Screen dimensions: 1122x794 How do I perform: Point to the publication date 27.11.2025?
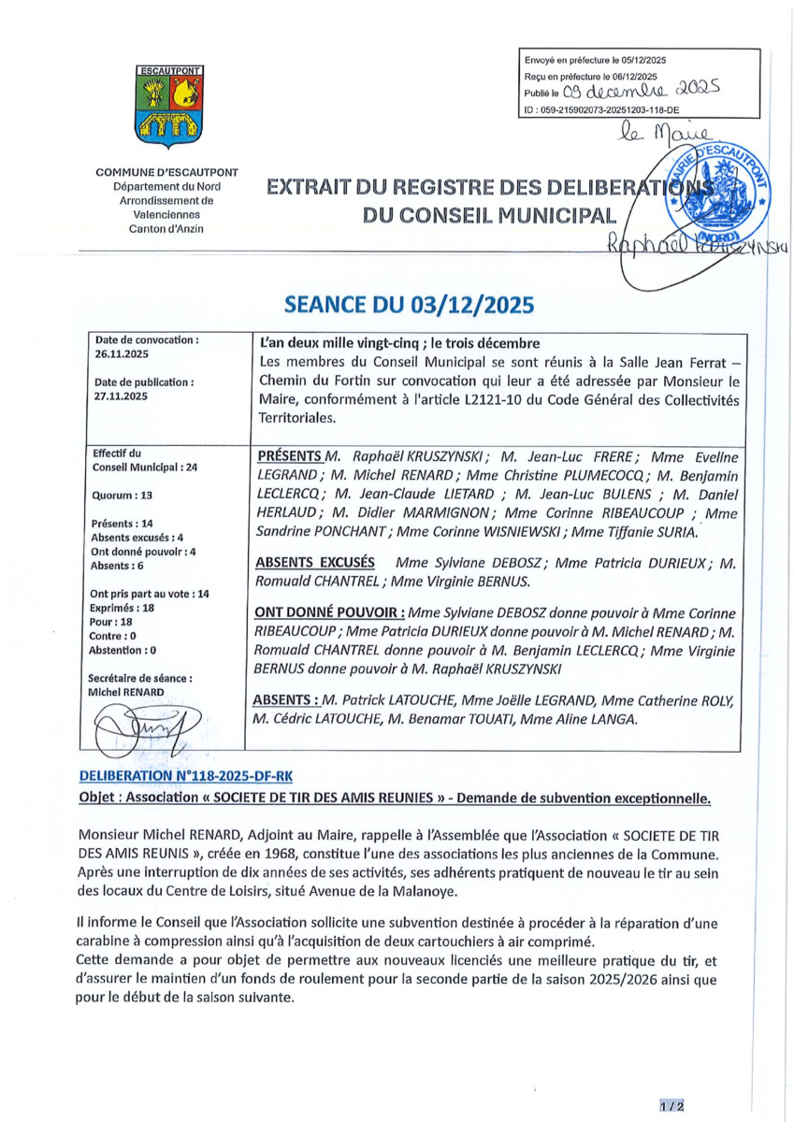click(x=116, y=396)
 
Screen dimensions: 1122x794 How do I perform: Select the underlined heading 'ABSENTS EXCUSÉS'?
click(x=315, y=564)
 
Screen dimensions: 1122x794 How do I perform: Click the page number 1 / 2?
click(x=671, y=1106)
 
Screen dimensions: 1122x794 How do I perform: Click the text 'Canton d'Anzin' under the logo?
click(x=167, y=229)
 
